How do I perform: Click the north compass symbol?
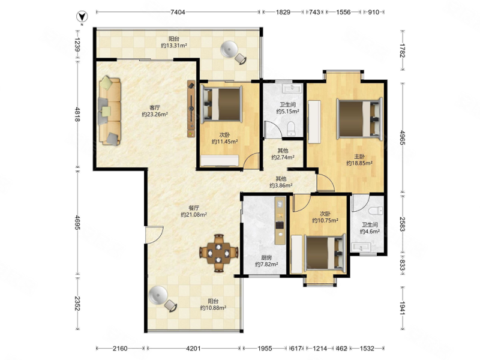pos(82,17)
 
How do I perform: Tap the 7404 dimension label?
pos(178,12)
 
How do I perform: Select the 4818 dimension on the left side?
pos(78,114)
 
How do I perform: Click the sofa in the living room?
pos(110,110)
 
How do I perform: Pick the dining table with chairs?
pos(218,253)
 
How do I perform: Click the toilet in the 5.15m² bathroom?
pos(290,128)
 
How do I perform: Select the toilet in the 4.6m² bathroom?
pos(376,211)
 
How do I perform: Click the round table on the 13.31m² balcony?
pos(229,49)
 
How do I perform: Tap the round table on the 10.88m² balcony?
pos(158,295)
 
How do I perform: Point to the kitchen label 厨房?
pos(266,257)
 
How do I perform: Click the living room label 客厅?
pos(155,108)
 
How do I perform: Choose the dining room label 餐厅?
pos(194,208)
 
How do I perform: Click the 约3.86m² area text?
pos(281,185)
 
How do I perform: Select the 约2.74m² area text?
pos(283,157)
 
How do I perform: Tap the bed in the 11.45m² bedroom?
pos(221,104)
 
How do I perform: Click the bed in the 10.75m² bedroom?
pos(325,253)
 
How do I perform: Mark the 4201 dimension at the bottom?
pos(193,349)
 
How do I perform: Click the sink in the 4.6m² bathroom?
pos(362,247)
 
